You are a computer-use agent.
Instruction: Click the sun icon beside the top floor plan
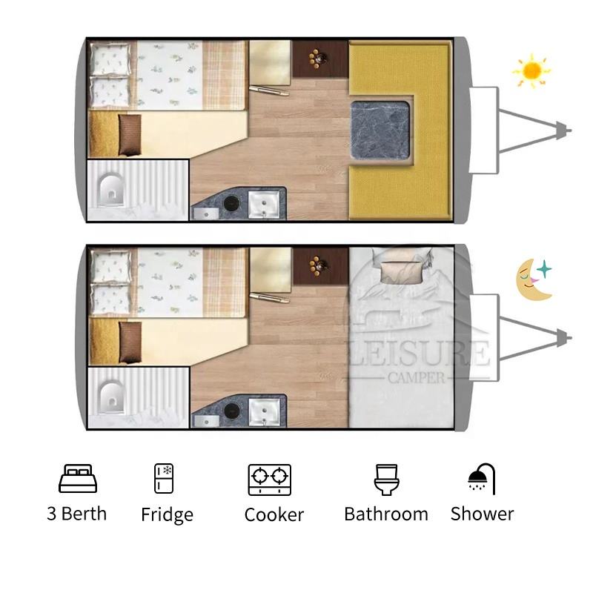[531, 70]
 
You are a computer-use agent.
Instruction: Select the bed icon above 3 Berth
[78, 478]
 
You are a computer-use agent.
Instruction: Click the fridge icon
[164, 478]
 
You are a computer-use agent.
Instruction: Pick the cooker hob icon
[270, 480]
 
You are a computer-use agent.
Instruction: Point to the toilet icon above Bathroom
[386, 480]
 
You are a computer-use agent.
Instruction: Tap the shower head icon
[482, 479]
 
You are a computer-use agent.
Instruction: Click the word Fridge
[168, 514]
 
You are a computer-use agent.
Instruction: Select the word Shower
[483, 514]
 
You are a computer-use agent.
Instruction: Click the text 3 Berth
[77, 514]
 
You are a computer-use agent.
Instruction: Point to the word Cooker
[274, 514]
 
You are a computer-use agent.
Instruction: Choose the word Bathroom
[386, 514]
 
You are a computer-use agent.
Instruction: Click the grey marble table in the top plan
[380, 130]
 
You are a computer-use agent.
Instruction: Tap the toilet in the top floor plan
[110, 190]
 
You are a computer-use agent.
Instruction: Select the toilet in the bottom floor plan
[110, 397]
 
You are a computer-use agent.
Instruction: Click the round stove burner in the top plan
[232, 203]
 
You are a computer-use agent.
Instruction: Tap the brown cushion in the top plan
[130, 135]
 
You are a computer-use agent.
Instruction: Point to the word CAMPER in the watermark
[417, 377]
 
